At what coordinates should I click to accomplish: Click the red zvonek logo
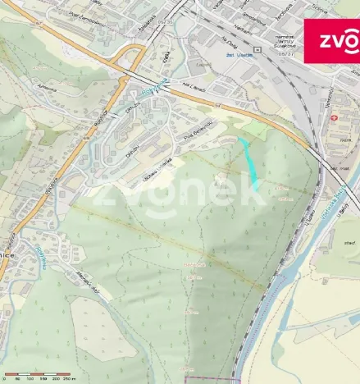tap(332, 41)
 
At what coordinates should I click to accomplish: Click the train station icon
tap(257, 49)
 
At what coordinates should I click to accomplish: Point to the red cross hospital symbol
tap(334, 119)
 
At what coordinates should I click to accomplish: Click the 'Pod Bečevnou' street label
tap(198, 130)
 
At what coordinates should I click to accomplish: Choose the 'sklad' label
tap(349, 243)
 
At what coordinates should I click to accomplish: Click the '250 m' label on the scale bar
tap(78, 378)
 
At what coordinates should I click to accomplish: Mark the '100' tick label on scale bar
tap(30, 378)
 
